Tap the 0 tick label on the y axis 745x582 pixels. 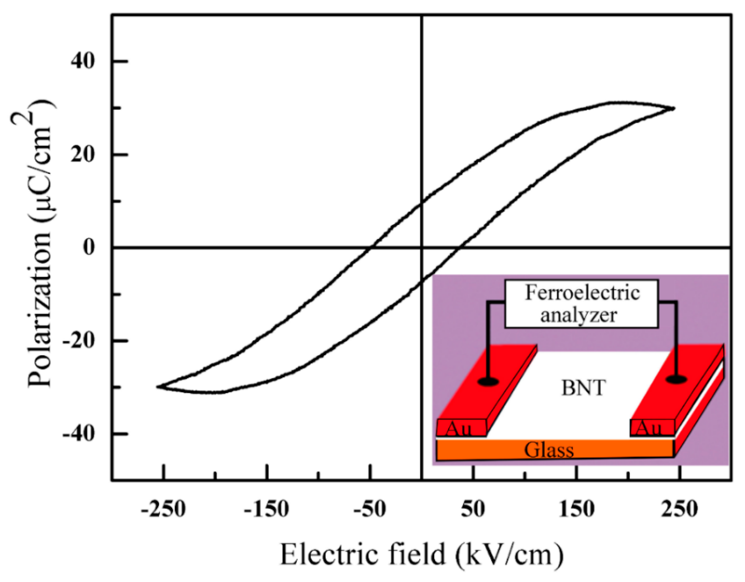(x=89, y=247)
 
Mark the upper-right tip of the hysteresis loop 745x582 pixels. (x=674, y=108)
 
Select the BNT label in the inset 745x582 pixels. (x=583, y=388)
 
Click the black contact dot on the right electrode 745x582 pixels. (x=676, y=379)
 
